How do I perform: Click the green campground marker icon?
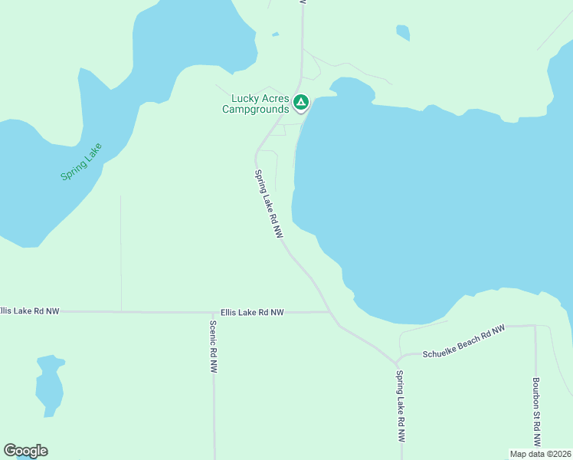click(x=302, y=102)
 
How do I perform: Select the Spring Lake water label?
click(x=81, y=162)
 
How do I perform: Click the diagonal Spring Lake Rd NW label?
click(x=265, y=202)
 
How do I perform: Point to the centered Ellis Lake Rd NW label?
click(x=252, y=313)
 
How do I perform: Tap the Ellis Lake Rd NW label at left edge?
click(x=29, y=311)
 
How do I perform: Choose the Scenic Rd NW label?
click(x=213, y=346)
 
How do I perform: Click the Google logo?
click(x=25, y=451)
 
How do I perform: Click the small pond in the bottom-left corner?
click(x=49, y=384)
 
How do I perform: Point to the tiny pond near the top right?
click(x=403, y=32)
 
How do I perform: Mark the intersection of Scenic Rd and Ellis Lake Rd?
click(x=214, y=313)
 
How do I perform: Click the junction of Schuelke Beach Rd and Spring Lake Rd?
click(x=396, y=361)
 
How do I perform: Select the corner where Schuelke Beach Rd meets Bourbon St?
click(x=534, y=327)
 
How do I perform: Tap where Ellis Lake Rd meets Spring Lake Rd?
click(x=329, y=312)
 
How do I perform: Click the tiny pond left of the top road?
click(x=274, y=34)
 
